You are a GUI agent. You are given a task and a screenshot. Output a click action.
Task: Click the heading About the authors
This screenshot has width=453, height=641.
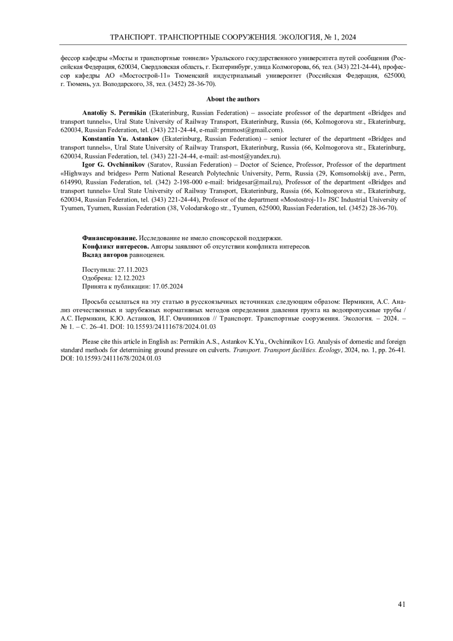tap(233, 99)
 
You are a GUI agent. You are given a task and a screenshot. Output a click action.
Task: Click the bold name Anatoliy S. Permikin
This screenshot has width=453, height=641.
tap(114, 112)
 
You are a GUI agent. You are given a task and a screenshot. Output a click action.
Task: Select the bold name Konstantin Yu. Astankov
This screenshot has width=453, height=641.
tap(120, 139)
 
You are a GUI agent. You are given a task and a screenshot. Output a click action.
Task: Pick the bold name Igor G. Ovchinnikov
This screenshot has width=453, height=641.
tap(113, 165)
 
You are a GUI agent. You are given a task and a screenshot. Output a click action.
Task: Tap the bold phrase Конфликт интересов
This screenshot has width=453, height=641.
tap(116, 247)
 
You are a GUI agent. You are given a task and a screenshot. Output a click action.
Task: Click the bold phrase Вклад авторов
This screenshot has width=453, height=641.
tap(105, 255)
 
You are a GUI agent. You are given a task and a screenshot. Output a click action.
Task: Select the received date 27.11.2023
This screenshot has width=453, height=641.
tap(133, 270)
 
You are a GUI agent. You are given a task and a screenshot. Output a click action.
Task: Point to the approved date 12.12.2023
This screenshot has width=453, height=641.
tap(130, 278)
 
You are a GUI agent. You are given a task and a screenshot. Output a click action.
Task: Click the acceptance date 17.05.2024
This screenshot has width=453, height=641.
tap(167, 286)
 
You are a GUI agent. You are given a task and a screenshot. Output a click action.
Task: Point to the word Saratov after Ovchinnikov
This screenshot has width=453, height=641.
tap(160, 165)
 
